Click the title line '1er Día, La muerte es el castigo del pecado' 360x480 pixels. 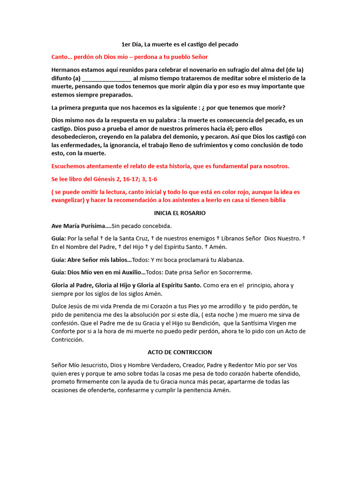tap(180, 45)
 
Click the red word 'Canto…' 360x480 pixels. tap(61, 57)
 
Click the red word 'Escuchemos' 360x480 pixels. tap(69, 166)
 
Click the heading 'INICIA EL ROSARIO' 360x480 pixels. tap(180, 213)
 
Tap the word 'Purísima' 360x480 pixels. tap(93, 226)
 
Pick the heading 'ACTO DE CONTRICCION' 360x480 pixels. tap(180, 352)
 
